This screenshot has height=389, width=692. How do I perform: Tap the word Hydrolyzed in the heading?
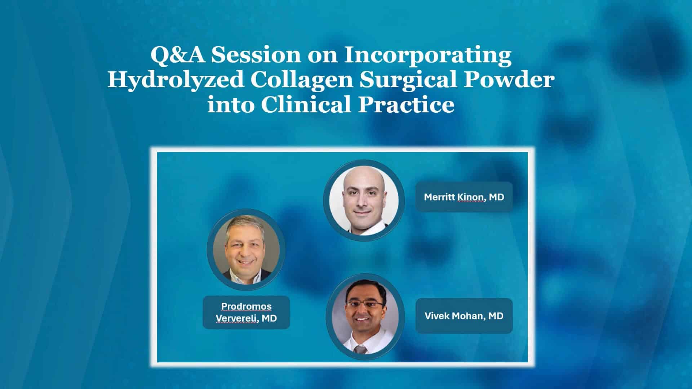tap(175, 80)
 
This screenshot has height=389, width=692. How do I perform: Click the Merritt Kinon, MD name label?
tap(464, 197)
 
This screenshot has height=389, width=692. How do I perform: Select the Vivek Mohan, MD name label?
tap(464, 316)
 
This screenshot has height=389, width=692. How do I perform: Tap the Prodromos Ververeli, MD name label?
tap(246, 312)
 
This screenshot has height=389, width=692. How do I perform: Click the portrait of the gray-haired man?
tap(246, 249)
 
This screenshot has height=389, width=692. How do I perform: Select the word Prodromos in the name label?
tap(246, 307)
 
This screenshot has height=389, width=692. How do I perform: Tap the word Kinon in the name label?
tap(471, 197)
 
